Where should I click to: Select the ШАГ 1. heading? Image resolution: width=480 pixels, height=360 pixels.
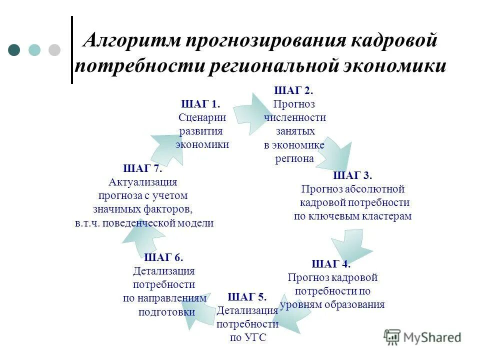click(200, 104)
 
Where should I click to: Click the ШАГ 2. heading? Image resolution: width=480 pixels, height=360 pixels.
click(294, 90)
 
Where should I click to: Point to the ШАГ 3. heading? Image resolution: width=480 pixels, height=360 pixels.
click(352, 175)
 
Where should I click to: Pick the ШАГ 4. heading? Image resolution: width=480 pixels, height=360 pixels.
click(331, 264)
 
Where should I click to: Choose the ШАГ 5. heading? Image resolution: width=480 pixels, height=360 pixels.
click(247, 297)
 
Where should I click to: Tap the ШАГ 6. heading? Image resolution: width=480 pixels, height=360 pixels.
click(163, 257)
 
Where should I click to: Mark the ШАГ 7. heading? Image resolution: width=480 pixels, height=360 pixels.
click(142, 168)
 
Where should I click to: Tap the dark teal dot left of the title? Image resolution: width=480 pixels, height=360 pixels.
click(14, 50)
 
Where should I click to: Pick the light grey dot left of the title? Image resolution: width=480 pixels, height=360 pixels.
click(54, 50)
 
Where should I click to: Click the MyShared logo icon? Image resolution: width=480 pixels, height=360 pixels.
click(392, 337)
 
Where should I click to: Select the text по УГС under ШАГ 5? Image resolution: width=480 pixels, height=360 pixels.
click(248, 338)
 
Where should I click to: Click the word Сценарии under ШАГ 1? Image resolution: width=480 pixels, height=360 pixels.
click(202, 117)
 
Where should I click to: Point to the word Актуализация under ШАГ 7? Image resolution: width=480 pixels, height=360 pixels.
click(142, 181)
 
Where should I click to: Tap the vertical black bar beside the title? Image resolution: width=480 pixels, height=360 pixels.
click(72, 50)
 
